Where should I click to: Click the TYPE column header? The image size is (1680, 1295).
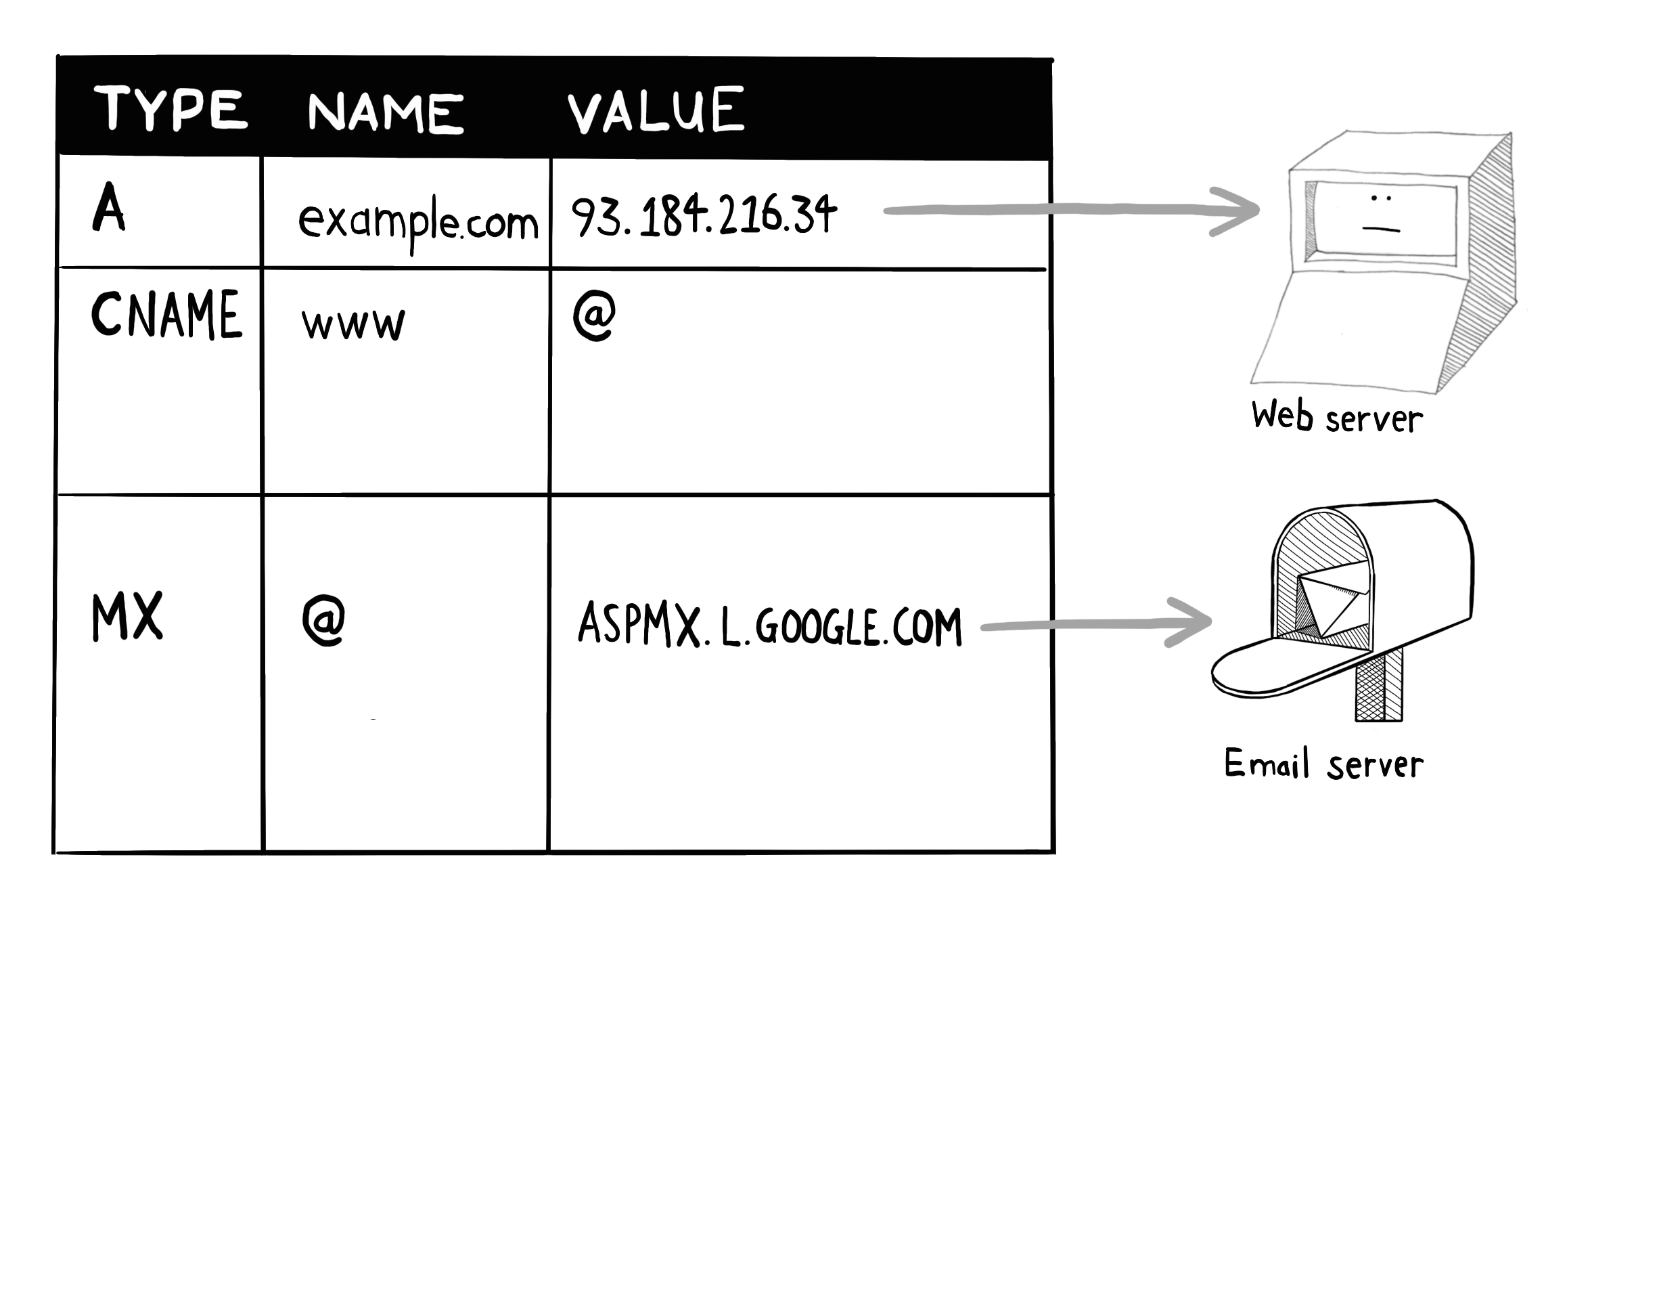click(x=170, y=108)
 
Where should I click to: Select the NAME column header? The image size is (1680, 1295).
click(x=384, y=112)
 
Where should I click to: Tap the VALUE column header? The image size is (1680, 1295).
click(x=656, y=110)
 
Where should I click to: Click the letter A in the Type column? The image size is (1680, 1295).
click(x=108, y=207)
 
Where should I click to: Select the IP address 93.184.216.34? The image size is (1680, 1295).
click(x=703, y=215)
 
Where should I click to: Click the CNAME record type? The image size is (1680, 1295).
click(x=166, y=315)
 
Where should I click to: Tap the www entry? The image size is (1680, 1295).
click(x=353, y=323)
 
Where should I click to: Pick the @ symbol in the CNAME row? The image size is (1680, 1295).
click(x=594, y=315)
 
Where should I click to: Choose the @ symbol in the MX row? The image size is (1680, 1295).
click(x=323, y=621)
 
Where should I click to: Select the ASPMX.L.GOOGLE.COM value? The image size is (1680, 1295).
click(x=769, y=625)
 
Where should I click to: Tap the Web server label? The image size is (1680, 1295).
click(x=1336, y=417)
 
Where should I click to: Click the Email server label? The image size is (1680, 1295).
click(x=1323, y=764)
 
